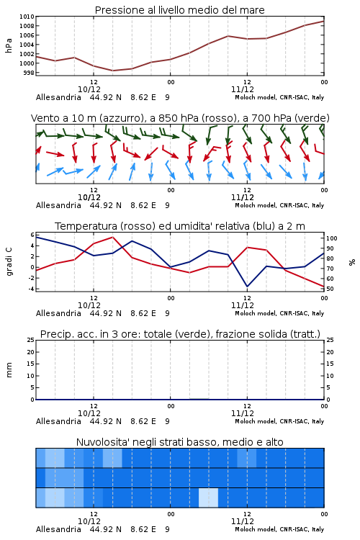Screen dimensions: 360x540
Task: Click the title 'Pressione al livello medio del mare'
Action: (x=179, y=10)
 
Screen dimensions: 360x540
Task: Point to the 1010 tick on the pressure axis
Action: (x=27, y=17)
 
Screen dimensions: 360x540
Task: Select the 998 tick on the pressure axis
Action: (x=29, y=73)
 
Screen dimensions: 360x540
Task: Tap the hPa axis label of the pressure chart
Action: (x=9, y=45)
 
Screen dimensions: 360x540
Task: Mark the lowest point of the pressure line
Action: (x=112, y=71)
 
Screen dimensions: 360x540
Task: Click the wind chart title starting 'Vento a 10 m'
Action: (x=180, y=118)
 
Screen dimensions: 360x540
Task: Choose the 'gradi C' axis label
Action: (x=9, y=261)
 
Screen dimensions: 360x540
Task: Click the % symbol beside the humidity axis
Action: (x=352, y=262)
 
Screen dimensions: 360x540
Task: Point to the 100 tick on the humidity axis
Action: (x=332, y=238)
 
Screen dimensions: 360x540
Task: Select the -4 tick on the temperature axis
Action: (x=32, y=289)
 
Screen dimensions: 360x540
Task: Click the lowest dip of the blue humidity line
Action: (x=247, y=287)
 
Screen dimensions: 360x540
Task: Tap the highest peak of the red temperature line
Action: (x=112, y=237)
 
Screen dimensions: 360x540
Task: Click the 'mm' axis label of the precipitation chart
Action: (x=9, y=370)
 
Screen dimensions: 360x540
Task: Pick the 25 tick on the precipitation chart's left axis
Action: (x=31, y=340)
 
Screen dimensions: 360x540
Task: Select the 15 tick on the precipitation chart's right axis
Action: (x=330, y=364)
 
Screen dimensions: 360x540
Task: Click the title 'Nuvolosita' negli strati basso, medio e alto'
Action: (x=179, y=442)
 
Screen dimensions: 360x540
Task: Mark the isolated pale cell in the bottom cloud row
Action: (x=208, y=498)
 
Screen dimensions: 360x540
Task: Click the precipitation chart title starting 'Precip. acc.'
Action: (x=180, y=334)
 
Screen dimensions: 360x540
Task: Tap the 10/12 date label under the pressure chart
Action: (x=89, y=89)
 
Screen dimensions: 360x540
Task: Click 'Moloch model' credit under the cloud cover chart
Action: (x=256, y=529)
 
